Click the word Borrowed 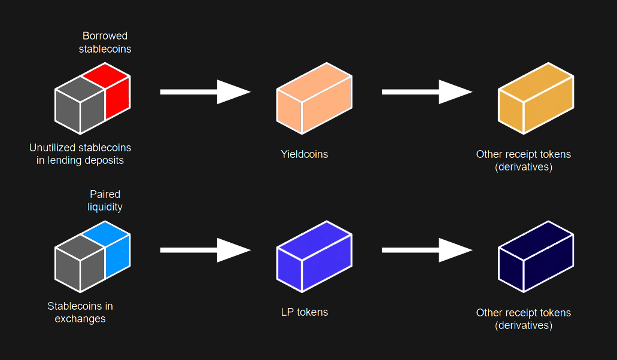(x=105, y=36)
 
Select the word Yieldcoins (x=304, y=154)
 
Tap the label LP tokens (x=304, y=312)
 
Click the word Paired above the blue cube (x=105, y=194)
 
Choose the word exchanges (x=80, y=319)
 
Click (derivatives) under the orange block (x=523, y=167)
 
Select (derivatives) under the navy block (x=523, y=325)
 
